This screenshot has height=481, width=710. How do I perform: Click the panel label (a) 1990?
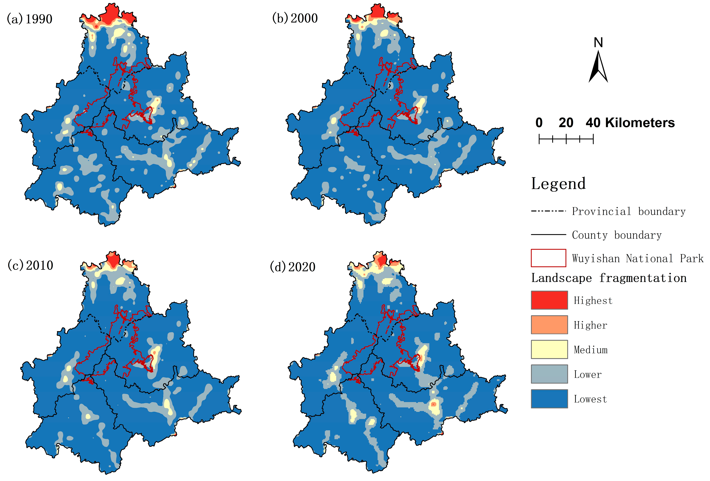tap(30, 19)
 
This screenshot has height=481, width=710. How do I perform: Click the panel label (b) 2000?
tap(295, 18)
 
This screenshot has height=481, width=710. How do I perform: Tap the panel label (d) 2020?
tap(293, 267)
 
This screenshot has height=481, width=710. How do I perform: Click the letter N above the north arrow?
tap(598, 43)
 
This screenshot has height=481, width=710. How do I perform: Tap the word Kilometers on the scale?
tap(640, 123)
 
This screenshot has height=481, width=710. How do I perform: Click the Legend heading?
tap(558, 184)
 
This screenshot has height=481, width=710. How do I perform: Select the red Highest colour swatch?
tap(549, 300)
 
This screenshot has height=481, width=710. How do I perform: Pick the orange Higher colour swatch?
tap(549, 325)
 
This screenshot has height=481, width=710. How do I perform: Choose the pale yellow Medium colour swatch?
tap(549, 349)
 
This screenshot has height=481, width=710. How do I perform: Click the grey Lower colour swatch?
tap(549, 374)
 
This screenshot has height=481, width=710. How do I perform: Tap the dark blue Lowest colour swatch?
tap(549, 399)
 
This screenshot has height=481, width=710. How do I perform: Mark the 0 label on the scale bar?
tap(539, 123)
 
